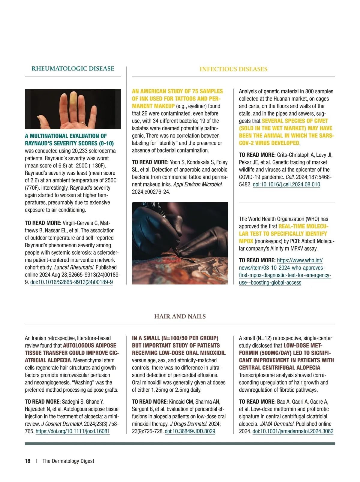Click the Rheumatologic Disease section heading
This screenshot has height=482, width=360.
[73, 69]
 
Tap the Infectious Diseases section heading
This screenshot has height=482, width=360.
[233, 69]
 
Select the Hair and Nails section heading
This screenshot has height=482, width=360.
[180, 317]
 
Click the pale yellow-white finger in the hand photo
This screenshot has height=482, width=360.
[73, 102]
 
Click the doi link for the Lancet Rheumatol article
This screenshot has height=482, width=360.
[71, 282]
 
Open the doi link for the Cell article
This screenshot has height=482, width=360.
[286, 185]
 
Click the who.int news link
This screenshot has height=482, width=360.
[285, 271]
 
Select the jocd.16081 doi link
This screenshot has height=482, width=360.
[73, 431]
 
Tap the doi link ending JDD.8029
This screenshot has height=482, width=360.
[190, 431]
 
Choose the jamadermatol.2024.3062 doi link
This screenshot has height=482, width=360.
[293, 431]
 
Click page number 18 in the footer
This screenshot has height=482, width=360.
[28, 461]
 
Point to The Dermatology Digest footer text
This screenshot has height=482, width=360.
[68, 461]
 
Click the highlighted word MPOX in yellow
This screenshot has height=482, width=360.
[246, 241]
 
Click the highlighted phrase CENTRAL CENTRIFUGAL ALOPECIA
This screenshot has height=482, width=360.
[280, 368]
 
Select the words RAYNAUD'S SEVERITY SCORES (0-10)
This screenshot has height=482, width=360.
[69, 143]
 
